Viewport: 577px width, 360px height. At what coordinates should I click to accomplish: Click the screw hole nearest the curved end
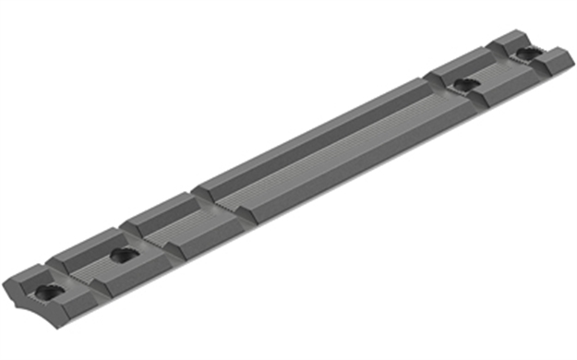(x=44, y=292)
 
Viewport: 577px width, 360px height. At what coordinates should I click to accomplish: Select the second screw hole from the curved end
(x=117, y=254)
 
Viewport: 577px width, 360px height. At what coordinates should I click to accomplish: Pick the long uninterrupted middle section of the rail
(x=323, y=152)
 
